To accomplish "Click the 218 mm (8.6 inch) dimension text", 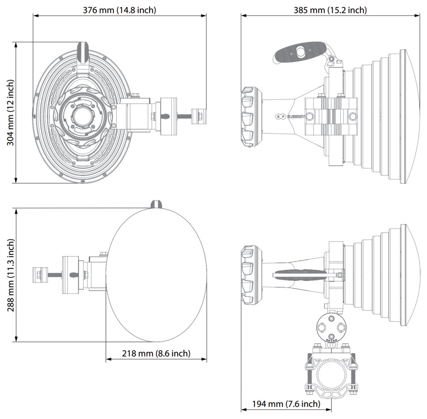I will click(156, 353).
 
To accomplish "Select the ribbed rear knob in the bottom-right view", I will click(249, 275).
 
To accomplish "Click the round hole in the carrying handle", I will click(301, 52).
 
